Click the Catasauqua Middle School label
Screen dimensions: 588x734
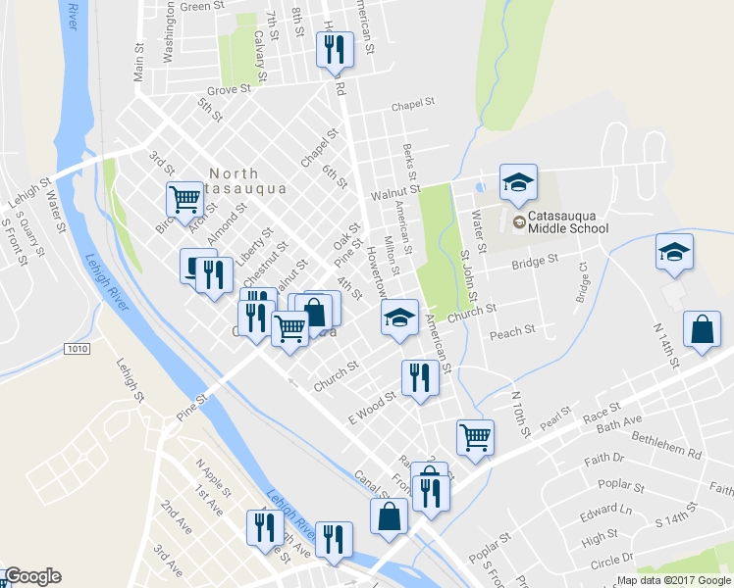(567, 221)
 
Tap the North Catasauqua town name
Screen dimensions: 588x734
(246, 180)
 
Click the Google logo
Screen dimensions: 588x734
(31, 576)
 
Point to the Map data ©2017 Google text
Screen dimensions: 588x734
(673, 580)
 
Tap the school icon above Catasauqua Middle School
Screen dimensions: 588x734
(518, 182)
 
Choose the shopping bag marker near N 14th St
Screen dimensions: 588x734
(703, 330)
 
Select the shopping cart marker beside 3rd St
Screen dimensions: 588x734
(184, 200)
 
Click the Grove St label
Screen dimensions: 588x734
(230, 89)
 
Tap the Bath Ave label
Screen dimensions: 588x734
(618, 421)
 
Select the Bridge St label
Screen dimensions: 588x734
(534, 262)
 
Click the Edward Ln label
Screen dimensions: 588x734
(604, 511)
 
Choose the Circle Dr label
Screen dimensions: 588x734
(611, 561)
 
